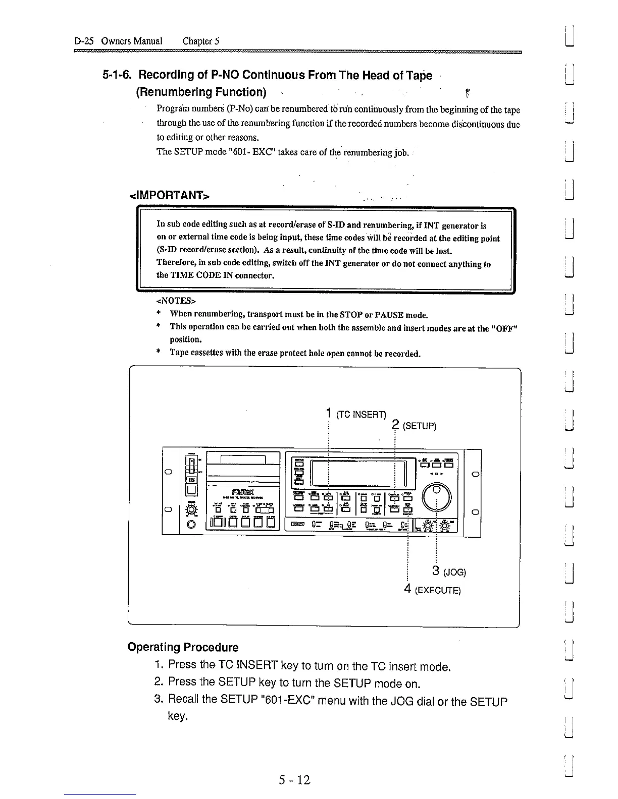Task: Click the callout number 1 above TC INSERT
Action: (328, 413)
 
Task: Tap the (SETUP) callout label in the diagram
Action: (419, 426)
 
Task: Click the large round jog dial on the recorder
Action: (437, 496)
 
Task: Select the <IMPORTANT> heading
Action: (170, 195)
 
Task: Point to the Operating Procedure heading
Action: (183, 647)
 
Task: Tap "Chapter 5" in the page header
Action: (200, 41)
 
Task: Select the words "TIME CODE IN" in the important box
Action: (197, 275)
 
